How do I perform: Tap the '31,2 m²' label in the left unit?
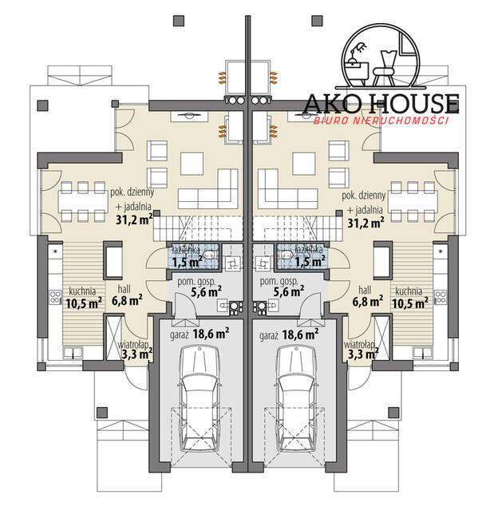coord(134,219)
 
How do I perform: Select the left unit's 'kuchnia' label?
coord(82,291)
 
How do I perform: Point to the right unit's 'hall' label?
coord(365,290)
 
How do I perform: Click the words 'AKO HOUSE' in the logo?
coord(381,104)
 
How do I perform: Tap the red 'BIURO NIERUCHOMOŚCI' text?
coord(381,121)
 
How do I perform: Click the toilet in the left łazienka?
coord(210,255)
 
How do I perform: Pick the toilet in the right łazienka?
coord(286,255)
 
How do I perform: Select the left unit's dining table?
coord(83,202)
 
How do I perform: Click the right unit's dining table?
coord(413,202)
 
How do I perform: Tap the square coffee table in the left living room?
coord(192,164)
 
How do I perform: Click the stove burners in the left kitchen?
coord(55,297)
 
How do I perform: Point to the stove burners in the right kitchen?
coord(440,297)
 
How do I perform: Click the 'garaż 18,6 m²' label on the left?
coord(200,334)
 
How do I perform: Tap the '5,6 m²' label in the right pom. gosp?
coord(289,292)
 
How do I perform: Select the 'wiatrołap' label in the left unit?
coord(133,344)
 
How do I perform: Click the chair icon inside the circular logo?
coord(384,69)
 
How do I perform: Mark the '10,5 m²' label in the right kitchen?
coord(410,303)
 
